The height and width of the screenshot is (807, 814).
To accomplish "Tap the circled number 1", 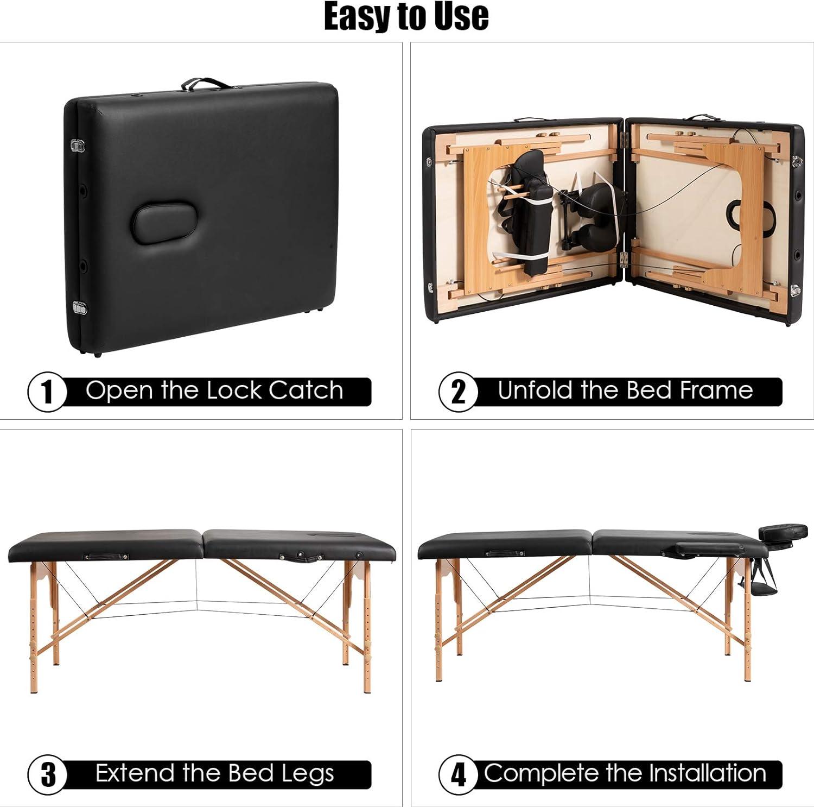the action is (47, 392).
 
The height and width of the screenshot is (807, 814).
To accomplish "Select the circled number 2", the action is (459, 392).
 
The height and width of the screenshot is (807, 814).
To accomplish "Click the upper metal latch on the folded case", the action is (78, 146).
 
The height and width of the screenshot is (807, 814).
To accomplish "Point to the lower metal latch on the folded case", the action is (80, 308).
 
